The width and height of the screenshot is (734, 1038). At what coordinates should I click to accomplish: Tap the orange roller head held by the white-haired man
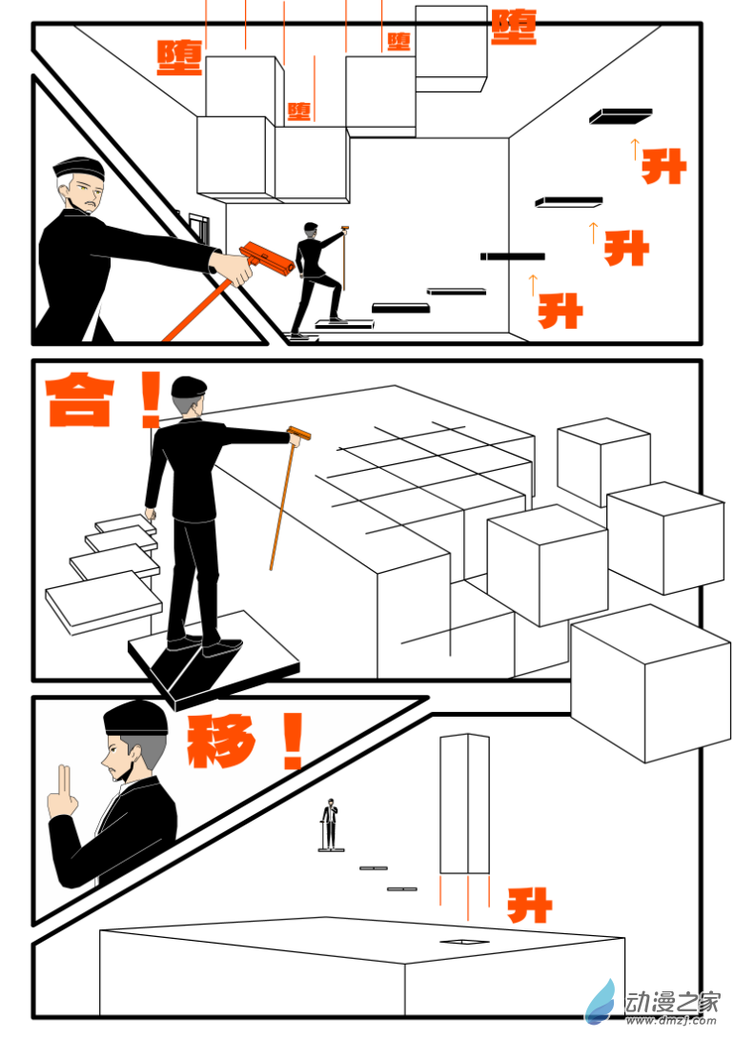(267, 257)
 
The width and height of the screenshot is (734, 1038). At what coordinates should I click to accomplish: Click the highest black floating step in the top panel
(620, 115)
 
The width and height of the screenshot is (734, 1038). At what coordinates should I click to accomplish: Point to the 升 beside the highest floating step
(663, 167)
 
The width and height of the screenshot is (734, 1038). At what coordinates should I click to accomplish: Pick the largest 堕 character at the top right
(514, 27)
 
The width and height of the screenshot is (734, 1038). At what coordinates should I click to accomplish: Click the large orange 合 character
(81, 401)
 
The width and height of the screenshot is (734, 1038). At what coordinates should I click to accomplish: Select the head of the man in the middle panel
(189, 395)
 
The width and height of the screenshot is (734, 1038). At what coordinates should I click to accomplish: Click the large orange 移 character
(222, 742)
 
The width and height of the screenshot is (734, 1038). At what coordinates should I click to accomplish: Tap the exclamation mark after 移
(292, 742)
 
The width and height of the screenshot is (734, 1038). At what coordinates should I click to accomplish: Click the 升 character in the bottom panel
(529, 905)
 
